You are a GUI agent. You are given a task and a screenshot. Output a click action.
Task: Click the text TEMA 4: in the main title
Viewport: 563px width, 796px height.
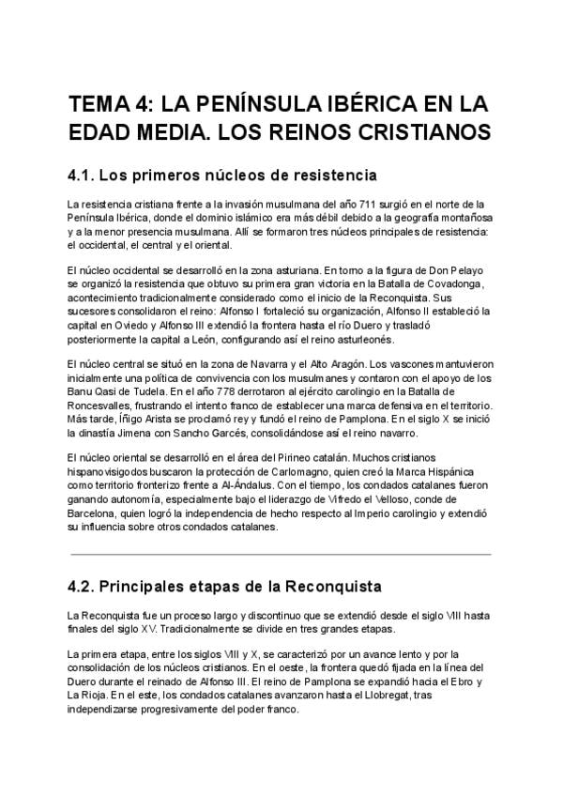(110, 101)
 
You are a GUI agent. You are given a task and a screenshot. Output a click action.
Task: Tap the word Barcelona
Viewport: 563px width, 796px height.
(98, 514)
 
